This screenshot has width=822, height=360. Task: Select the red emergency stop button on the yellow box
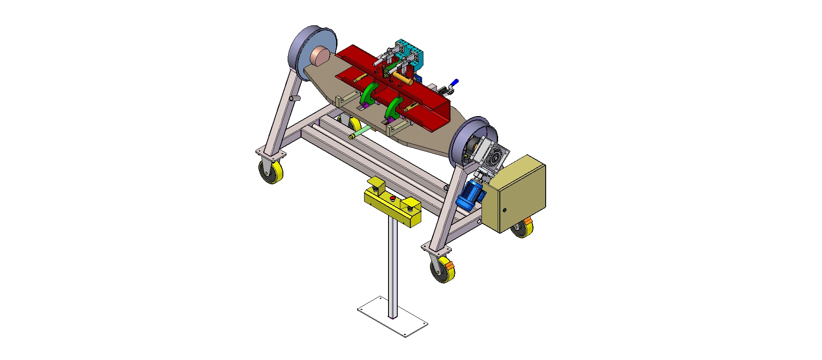pyautogui.click(x=392, y=199)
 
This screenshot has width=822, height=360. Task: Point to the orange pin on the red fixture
pyautogui.click(x=402, y=79)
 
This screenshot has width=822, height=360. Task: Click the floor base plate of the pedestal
pyautogui.click(x=392, y=316)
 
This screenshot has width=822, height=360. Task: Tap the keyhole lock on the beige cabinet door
pyautogui.click(x=505, y=210)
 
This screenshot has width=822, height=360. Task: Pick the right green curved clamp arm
pyautogui.click(x=394, y=108)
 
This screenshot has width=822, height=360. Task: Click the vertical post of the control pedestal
pyautogui.click(x=392, y=266)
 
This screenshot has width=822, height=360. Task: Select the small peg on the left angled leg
pyautogui.click(x=295, y=99)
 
